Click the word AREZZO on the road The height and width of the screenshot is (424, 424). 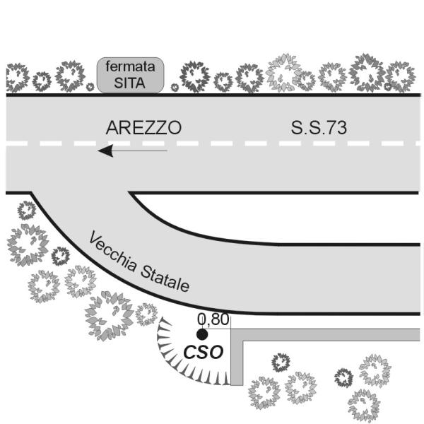(x=143, y=128)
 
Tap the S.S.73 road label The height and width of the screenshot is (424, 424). (x=319, y=128)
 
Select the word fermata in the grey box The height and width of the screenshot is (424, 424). (x=130, y=66)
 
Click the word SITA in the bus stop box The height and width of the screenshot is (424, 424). (x=129, y=83)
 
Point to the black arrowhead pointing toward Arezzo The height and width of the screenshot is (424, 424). (x=105, y=151)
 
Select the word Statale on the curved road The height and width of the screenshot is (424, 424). (x=165, y=278)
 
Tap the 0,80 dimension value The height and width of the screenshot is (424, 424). (x=213, y=319)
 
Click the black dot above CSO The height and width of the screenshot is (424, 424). (x=202, y=335)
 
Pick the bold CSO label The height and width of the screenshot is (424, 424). (x=204, y=352)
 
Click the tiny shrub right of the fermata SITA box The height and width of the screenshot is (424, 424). (x=175, y=88)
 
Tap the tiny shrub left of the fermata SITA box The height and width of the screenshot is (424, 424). (x=90, y=87)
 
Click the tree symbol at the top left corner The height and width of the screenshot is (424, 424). (x=17, y=77)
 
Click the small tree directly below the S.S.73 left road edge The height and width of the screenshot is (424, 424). (x=27, y=210)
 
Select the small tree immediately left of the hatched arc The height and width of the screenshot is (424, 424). (x=146, y=314)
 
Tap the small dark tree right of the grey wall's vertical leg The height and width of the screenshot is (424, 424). (x=281, y=362)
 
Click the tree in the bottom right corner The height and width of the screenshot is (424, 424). (x=364, y=405)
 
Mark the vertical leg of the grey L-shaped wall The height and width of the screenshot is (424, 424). (x=237, y=357)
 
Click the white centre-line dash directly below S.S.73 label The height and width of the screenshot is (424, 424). (x=324, y=143)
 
